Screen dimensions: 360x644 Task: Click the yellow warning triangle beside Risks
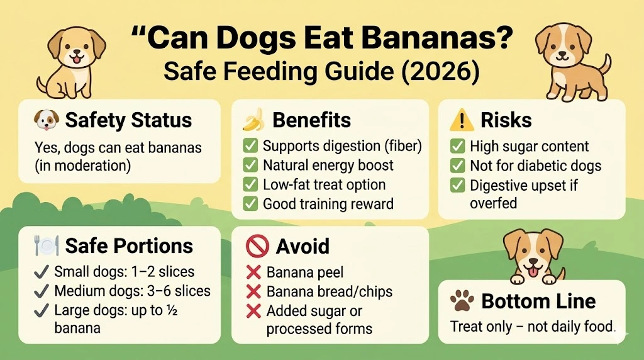click(x=460, y=120)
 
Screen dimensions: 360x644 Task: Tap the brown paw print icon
click(x=462, y=302)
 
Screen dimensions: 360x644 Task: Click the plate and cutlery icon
click(x=45, y=246)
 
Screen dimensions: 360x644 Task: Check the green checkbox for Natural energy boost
click(x=251, y=166)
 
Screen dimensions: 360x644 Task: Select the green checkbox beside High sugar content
click(x=457, y=147)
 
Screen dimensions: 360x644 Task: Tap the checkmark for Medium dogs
click(x=42, y=291)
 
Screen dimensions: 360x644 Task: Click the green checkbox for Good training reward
click(x=251, y=203)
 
